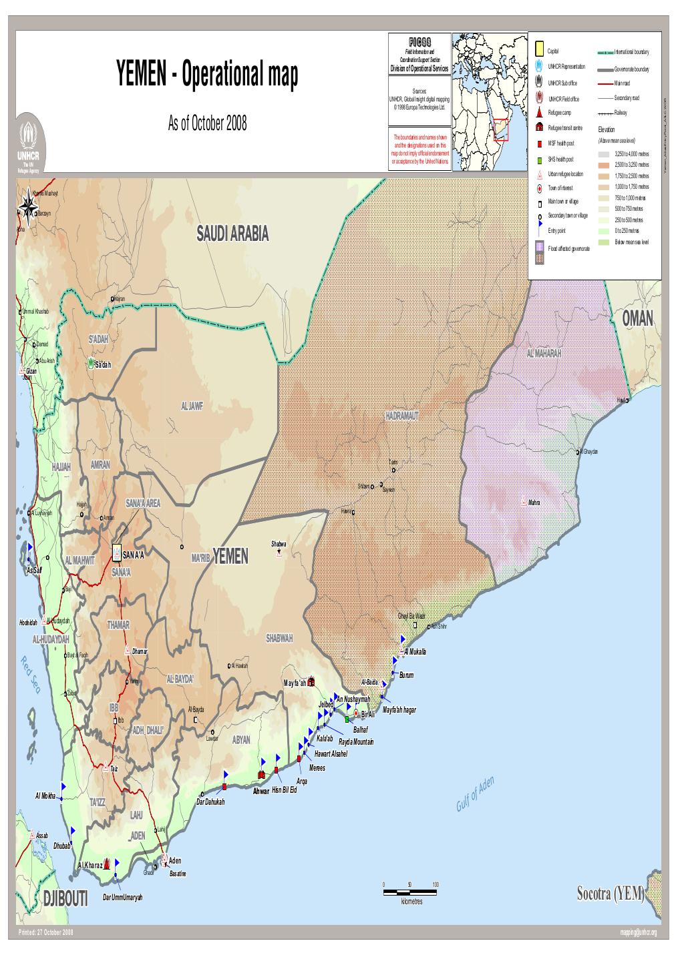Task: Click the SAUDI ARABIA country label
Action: point(232,233)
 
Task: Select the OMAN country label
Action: point(637,320)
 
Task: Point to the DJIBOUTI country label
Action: point(65,899)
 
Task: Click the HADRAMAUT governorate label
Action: point(401,416)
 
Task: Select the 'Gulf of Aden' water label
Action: point(475,795)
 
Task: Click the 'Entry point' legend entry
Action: point(556,230)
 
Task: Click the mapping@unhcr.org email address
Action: point(638,932)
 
